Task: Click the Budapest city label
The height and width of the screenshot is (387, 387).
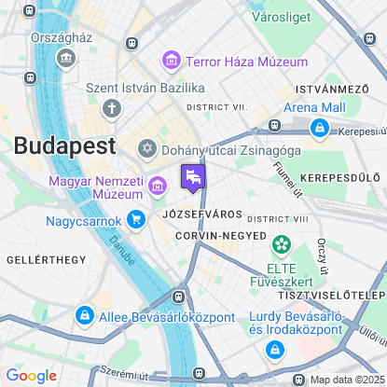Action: coord(64,145)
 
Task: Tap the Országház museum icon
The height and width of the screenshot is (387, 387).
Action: coord(65,58)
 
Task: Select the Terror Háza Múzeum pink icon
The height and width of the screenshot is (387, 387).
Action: coord(171,62)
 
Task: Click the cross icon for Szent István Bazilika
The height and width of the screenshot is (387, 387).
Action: coord(112,108)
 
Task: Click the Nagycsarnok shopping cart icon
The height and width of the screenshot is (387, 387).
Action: coord(137,221)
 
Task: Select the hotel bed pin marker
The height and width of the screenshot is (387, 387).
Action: coord(193,177)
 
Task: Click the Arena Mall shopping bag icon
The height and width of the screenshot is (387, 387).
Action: coord(320,128)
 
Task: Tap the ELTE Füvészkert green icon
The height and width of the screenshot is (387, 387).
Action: coord(280,244)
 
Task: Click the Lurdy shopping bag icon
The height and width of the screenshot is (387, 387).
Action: coord(274,349)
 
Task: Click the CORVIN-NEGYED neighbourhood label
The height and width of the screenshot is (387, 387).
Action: coord(220,236)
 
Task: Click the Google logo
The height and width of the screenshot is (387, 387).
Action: coord(32,376)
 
